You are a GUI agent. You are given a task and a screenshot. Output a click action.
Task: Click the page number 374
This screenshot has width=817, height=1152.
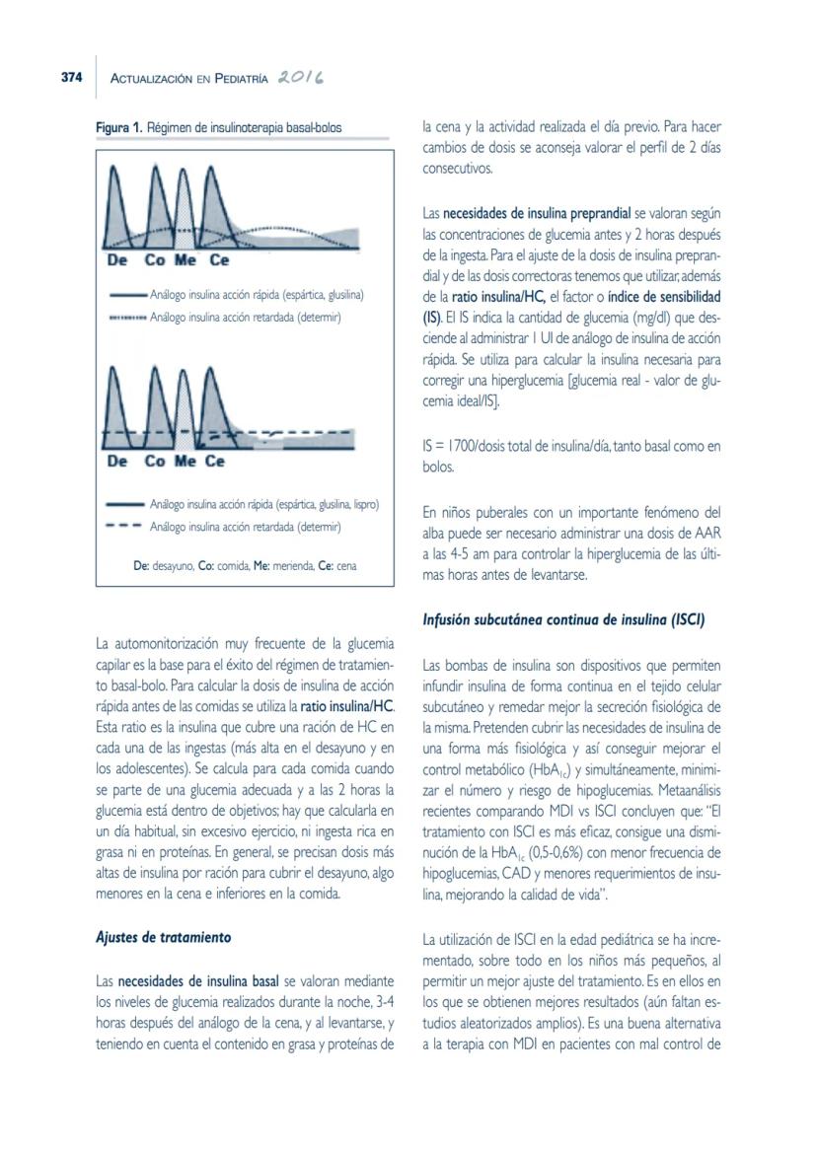click(x=65, y=80)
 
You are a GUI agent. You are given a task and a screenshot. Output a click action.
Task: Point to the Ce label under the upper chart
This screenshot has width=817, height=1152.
click(x=219, y=261)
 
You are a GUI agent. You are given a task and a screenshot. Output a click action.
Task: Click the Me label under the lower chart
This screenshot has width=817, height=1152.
click(x=185, y=461)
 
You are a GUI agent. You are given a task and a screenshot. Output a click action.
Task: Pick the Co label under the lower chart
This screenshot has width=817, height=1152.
click(x=155, y=461)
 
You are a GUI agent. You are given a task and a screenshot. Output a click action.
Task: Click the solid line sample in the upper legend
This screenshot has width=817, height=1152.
click(x=128, y=295)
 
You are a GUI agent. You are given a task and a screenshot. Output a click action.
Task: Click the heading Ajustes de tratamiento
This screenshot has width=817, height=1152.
click(x=163, y=937)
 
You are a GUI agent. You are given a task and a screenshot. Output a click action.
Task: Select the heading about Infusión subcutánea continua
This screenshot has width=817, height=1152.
click(x=563, y=620)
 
